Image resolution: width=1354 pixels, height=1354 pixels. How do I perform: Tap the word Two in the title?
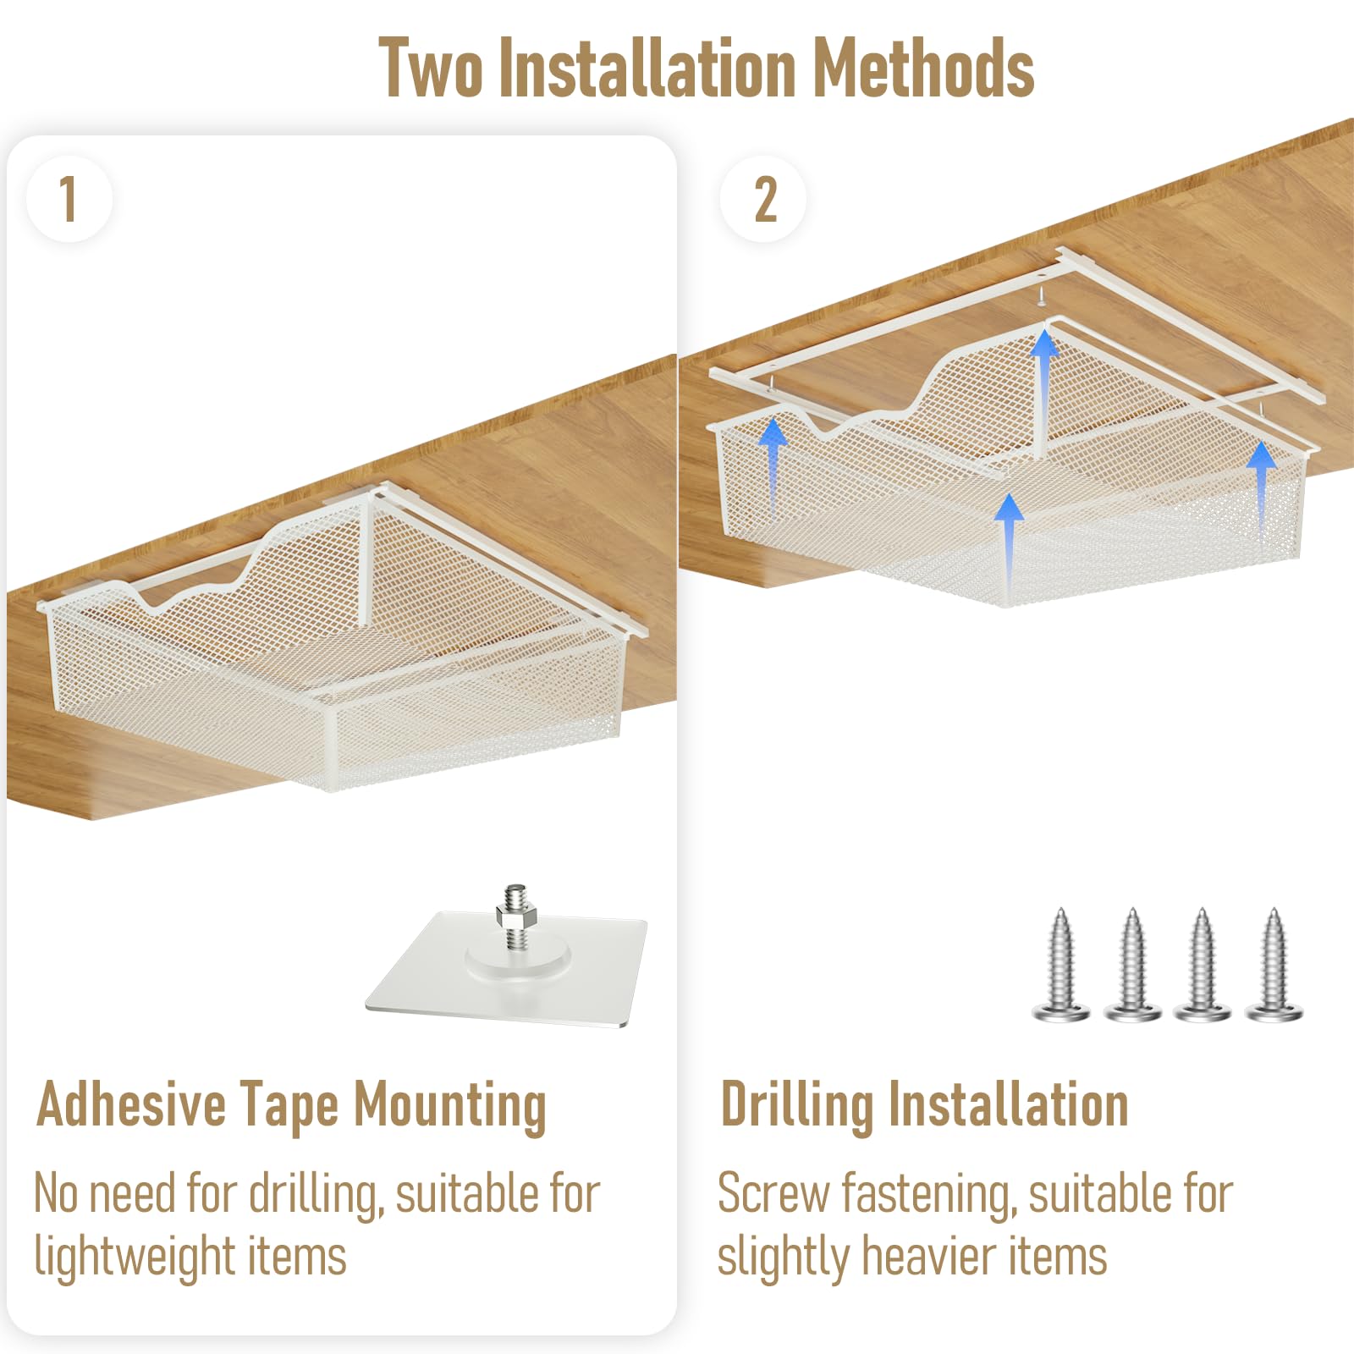click(x=431, y=68)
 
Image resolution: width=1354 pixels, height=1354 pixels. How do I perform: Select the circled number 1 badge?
click(x=69, y=200)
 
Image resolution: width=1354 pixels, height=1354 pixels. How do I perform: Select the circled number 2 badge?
click(x=763, y=200)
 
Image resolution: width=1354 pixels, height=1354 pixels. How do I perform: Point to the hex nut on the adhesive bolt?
click(x=516, y=916)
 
